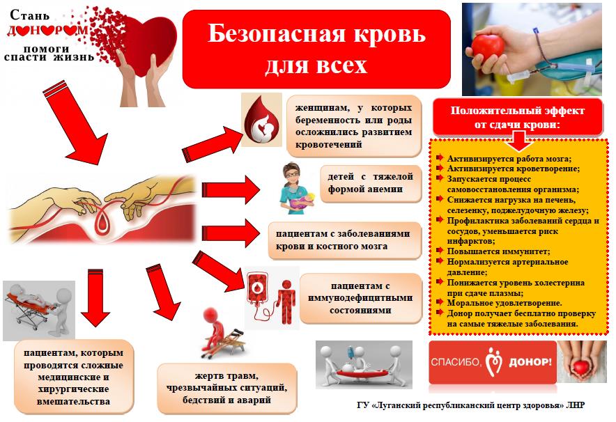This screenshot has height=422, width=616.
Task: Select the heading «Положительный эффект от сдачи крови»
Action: coord(517,118)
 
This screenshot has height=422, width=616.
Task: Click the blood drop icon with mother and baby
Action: coord(261,120)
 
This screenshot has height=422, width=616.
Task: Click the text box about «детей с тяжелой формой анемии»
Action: coord(371,183)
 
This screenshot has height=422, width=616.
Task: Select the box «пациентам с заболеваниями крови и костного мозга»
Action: coord(344,240)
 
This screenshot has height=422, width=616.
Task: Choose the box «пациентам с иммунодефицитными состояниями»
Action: coord(360,298)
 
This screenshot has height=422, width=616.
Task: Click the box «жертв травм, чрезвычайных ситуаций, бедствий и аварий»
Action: coord(226,388)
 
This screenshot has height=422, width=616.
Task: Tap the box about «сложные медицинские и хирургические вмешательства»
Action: coord(73,377)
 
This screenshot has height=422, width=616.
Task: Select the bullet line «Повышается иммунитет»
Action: coord(498,251)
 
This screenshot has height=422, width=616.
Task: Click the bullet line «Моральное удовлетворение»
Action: coord(504,303)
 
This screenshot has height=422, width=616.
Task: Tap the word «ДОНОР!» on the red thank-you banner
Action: coord(530,362)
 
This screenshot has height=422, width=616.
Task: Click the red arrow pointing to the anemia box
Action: coord(231,190)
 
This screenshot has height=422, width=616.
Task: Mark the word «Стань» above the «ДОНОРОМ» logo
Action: coord(30,15)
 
